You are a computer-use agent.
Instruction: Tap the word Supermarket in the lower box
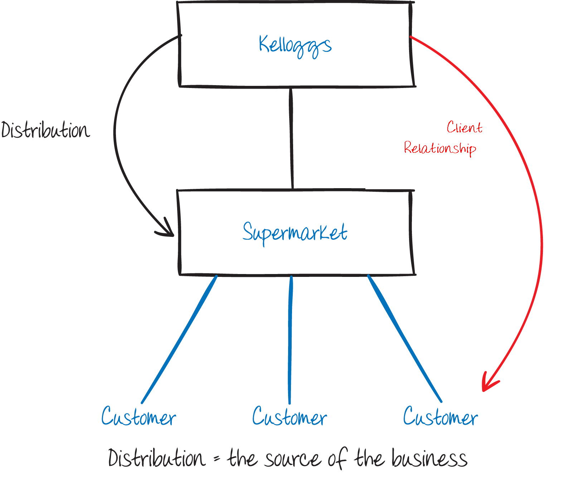(x=295, y=233)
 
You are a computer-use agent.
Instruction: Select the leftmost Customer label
(x=139, y=417)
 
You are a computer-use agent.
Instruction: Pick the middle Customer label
(x=289, y=417)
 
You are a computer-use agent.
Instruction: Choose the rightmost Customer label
(x=440, y=417)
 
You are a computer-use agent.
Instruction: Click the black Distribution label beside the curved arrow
(x=45, y=130)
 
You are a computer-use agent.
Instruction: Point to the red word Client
(x=464, y=127)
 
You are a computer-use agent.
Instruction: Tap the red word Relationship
(x=440, y=148)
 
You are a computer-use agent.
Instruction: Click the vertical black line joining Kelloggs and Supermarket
(x=292, y=138)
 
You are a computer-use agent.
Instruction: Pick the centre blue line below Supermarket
(x=290, y=340)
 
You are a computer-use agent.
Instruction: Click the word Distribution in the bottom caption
(x=157, y=458)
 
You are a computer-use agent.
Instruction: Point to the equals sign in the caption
(x=217, y=458)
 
